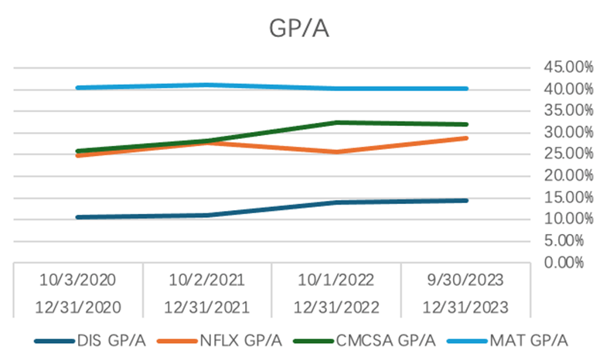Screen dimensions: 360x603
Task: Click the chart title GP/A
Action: [301, 27]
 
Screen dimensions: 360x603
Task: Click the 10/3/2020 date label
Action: [78, 278]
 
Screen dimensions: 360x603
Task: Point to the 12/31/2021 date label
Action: [207, 306]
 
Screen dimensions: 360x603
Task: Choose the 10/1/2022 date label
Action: [336, 278]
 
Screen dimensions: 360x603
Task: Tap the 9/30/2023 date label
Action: [465, 278]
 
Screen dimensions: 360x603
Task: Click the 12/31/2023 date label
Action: [465, 306]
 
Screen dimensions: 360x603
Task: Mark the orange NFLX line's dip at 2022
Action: [337, 151]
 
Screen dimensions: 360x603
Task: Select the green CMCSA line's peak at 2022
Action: [337, 122]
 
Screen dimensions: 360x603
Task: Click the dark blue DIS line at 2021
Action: [208, 215]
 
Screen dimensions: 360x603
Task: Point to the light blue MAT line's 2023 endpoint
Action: [466, 88]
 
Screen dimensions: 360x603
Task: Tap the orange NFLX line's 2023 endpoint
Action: [466, 138]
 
